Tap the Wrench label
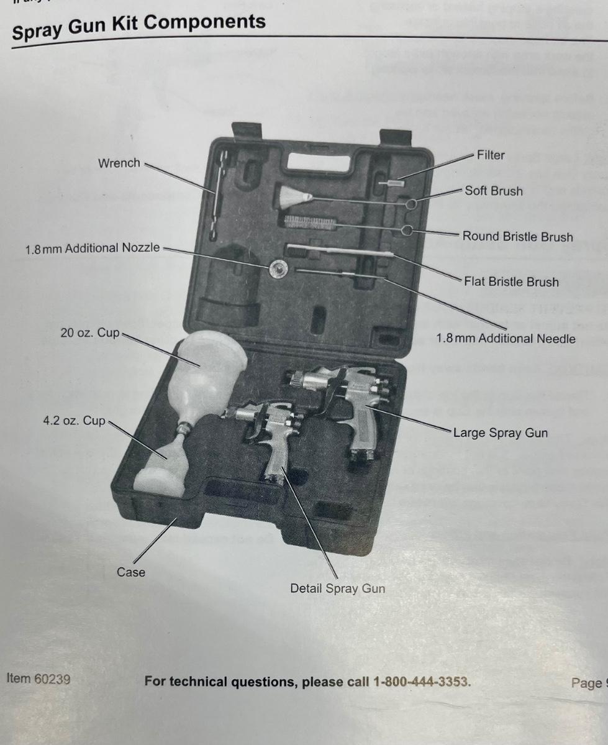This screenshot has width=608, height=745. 119,163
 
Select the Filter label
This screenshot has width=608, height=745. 491,155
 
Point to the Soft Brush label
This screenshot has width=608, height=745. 494,191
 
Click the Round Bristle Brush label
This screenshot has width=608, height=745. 517,237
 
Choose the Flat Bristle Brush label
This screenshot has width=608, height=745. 511,282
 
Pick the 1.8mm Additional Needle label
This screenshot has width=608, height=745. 506,339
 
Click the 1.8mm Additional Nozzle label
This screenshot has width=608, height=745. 93,248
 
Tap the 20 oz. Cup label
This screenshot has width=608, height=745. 90,333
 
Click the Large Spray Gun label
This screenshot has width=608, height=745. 501,432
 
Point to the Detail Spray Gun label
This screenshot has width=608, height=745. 337,588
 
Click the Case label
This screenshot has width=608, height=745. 131,572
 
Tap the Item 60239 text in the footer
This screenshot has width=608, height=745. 39,679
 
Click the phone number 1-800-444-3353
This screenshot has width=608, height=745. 422,682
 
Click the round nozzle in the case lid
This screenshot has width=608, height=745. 278,269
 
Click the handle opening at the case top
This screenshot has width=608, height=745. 318,163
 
